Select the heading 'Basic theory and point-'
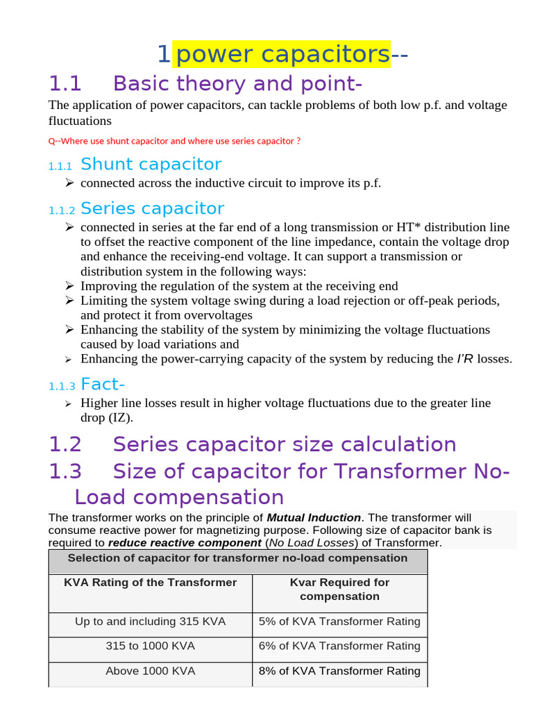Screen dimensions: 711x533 237,84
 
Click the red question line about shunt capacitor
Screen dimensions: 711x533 174,141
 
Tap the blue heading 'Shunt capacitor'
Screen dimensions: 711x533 151,165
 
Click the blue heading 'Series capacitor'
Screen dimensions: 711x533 152,208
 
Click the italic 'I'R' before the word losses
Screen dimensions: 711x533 464,359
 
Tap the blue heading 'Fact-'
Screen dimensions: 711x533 103,384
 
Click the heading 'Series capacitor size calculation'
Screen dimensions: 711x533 284,444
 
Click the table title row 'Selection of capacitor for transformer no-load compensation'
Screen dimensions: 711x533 237,558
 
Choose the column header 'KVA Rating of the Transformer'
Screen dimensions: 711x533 150,583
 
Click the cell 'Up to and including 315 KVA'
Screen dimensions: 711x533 150,621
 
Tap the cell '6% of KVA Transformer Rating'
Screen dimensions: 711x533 339,646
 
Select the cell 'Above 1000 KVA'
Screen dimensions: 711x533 150,671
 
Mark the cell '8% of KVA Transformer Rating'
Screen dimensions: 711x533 339,671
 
